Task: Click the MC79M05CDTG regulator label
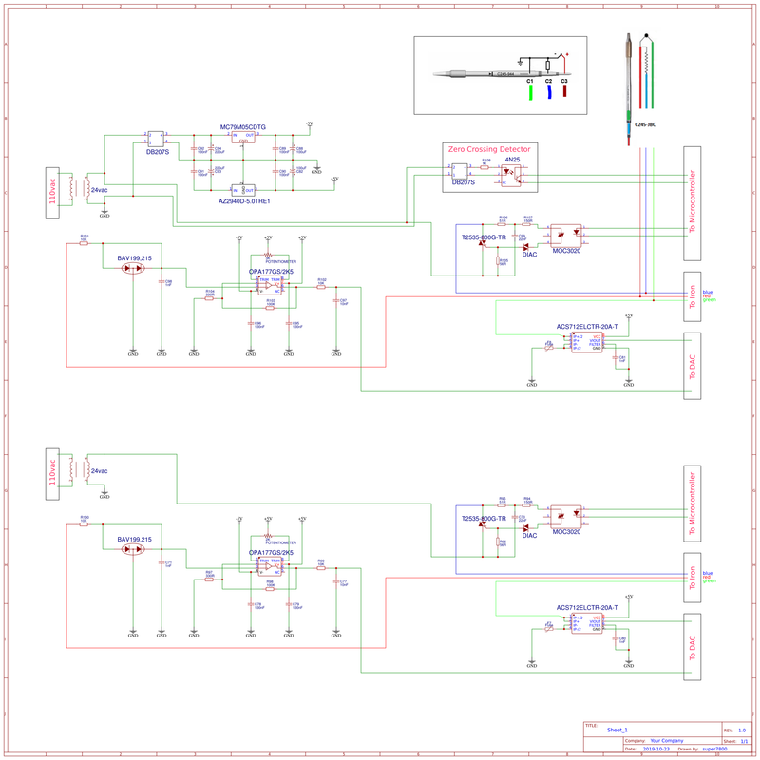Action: (243, 126)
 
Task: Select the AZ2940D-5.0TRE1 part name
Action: (244, 201)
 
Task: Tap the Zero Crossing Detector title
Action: (490, 150)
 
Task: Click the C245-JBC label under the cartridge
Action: (645, 124)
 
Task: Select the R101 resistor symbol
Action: (85, 242)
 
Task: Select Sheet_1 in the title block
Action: (619, 730)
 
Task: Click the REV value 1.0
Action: (741, 730)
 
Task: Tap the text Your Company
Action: (667, 740)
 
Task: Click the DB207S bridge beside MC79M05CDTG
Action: (157, 139)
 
